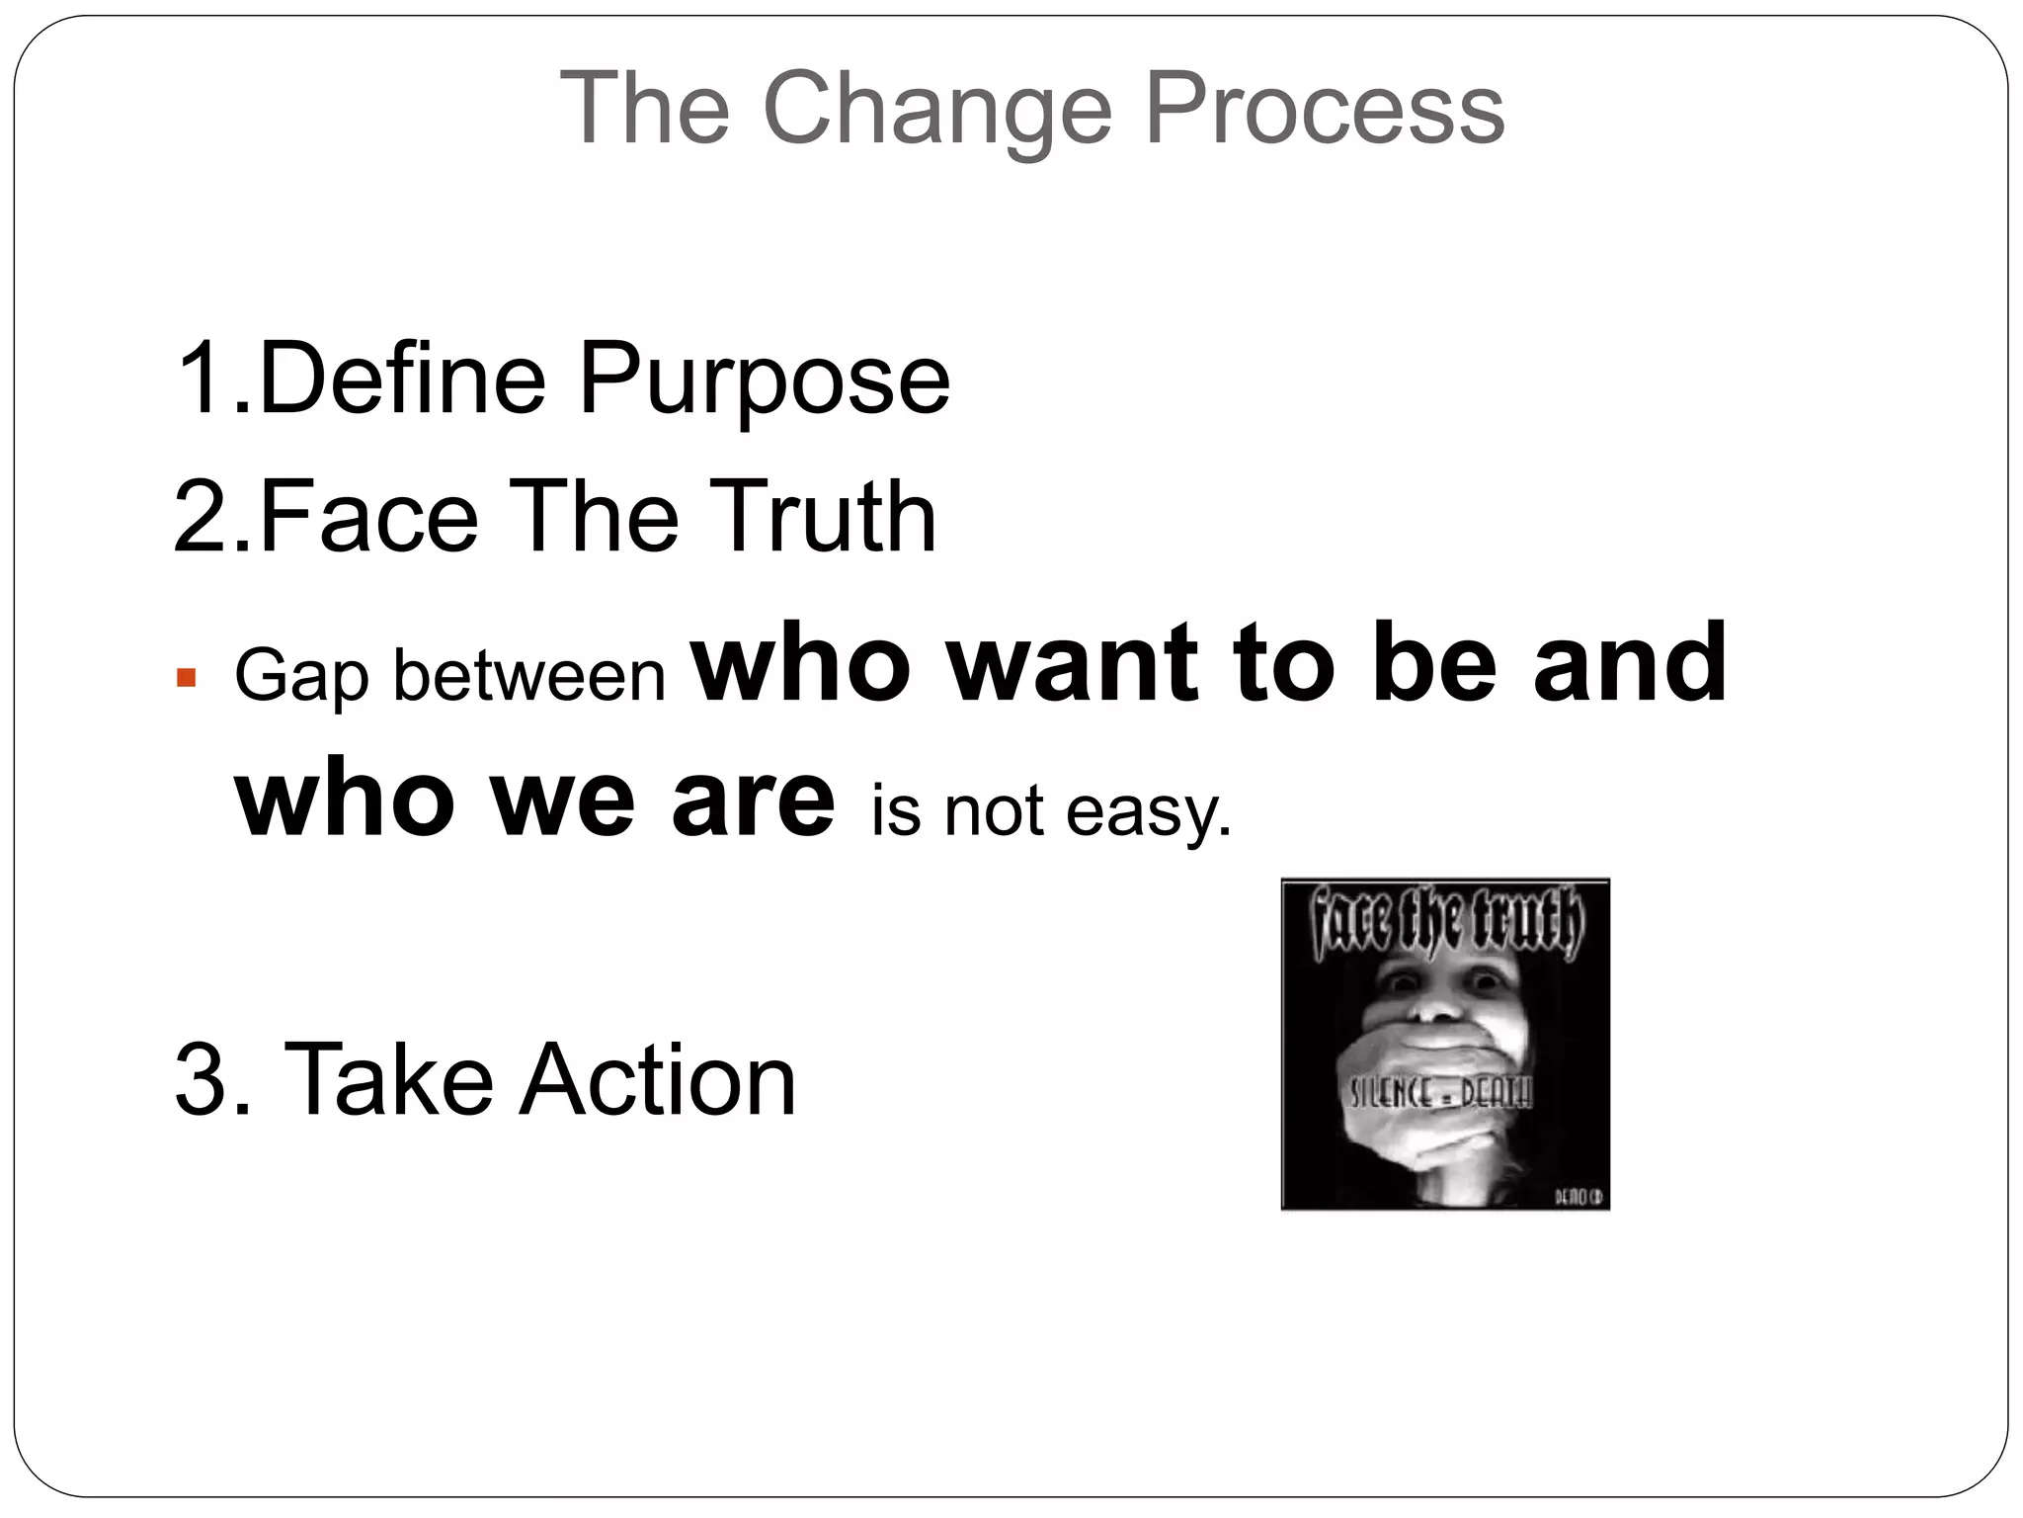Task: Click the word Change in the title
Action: (936, 111)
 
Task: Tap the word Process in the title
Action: (1325, 109)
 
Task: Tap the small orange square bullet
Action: (186, 679)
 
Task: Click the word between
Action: (529, 678)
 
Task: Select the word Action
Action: (658, 1080)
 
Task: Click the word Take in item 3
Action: (388, 1080)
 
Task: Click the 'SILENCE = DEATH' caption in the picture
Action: (1440, 1093)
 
